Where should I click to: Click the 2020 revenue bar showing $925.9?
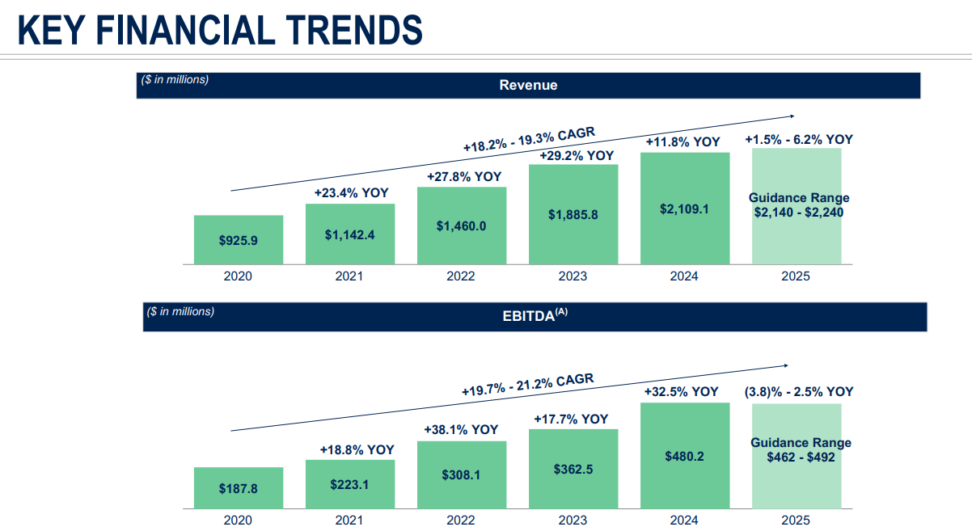(239, 240)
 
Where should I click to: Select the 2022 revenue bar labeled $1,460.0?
(462, 226)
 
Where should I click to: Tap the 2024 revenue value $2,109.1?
(684, 209)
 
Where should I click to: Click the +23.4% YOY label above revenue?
(351, 193)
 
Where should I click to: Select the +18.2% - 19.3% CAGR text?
(528, 137)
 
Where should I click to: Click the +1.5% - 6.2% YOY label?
(799, 139)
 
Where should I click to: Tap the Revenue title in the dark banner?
(528, 85)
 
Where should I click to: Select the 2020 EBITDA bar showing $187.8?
(239, 488)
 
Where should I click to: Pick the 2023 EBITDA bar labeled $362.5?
(573, 469)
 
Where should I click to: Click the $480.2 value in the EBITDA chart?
(684, 456)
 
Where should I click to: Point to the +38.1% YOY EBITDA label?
(461, 430)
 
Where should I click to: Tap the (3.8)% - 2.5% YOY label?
(799, 392)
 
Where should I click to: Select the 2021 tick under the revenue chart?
(349, 276)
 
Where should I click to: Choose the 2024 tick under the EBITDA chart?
(684, 521)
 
